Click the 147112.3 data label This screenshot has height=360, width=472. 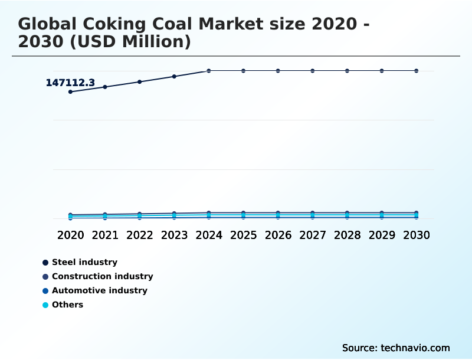pos(70,83)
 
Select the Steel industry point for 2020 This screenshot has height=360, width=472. pos(70,91)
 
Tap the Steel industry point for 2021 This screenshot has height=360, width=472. pos(105,87)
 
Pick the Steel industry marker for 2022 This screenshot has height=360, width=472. pos(140,81)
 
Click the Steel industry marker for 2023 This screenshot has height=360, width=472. pos(174,76)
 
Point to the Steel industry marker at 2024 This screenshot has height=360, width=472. pos(209,71)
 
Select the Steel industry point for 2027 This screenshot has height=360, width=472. pos(313,71)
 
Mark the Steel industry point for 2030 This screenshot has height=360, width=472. pos(417,71)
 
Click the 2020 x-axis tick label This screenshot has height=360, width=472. pos(70,235)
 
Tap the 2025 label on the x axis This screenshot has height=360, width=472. pos(243,235)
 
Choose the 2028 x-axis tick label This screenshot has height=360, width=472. pos(347,235)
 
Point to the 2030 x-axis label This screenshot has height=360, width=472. pos(417,235)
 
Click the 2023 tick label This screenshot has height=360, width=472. pos(174,235)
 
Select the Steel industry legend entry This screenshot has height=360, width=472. pos(84,262)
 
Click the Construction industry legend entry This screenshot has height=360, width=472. pos(102,276)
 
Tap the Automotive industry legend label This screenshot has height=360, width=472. pos(99,290)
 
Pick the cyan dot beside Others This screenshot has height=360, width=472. pos(45,305)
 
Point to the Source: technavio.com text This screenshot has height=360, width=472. pos(396,348)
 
